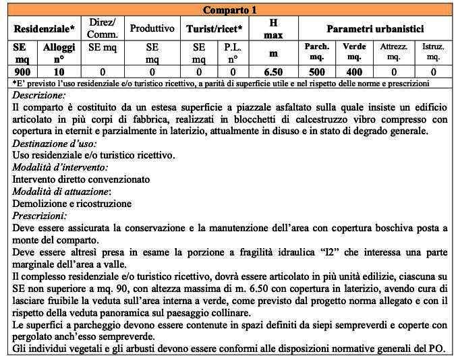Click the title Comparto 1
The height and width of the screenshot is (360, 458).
[230, 10]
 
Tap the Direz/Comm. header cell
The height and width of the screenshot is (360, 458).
[103, 28]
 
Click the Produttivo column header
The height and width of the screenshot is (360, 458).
[152, 29]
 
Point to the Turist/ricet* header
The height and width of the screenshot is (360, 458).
[216, 30]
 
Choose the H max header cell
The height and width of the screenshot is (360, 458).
[273, 28]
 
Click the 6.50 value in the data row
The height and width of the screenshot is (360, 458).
[273, 72]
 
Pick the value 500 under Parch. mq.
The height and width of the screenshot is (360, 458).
[317, 72]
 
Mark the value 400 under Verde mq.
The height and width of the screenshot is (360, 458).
[354, 72]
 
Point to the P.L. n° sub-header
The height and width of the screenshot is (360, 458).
[233, 53]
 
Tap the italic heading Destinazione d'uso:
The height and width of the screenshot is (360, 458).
[55, 144]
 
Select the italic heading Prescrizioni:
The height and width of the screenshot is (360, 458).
[40, 216]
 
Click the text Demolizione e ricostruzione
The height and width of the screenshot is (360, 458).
[72, 204]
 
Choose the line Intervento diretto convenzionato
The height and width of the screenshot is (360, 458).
[82, 180]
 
